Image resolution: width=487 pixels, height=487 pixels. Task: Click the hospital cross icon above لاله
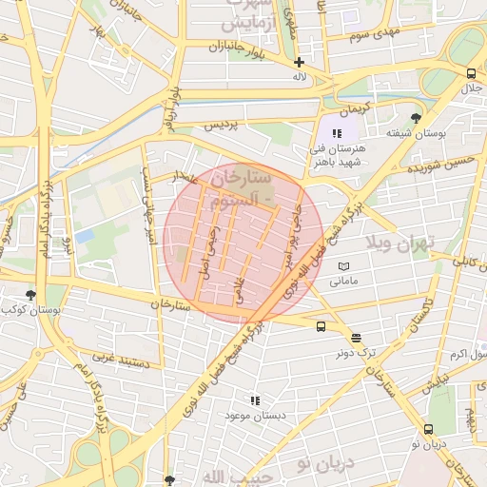click(299, 62)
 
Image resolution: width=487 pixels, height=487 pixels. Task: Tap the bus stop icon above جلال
click(471, 73)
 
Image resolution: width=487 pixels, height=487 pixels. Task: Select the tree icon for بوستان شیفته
click(416, 118)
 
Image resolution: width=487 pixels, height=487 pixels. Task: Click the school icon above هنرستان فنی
click(336, 133)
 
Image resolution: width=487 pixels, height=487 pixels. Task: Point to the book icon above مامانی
click(343, 266)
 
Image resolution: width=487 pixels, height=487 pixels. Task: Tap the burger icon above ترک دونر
click(357, 337)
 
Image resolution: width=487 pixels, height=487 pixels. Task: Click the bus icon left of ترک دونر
click(321, 326)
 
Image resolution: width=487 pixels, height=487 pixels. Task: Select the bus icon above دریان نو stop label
click(429, 429)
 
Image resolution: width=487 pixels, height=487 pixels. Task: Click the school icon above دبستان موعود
click(254, 401)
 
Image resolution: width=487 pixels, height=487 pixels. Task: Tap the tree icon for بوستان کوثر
click(31, 296)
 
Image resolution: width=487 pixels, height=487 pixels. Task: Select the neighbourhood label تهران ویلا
click(404, 243)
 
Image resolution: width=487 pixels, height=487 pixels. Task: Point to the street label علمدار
click(186, 176)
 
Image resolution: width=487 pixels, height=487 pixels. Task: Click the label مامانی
click(342, 282)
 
